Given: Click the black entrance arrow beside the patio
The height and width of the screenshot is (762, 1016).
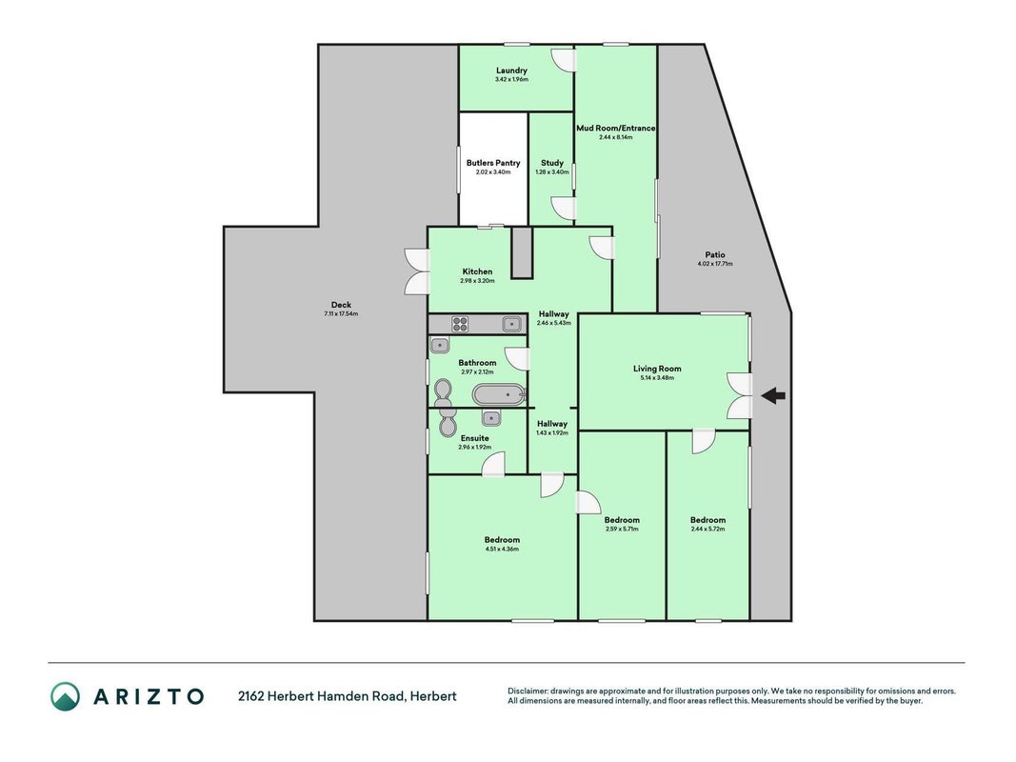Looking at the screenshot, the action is pyautogui.click(x=773, y=395).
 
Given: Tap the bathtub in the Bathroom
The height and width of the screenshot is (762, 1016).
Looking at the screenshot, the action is pyautogui.click(x=498, y=394).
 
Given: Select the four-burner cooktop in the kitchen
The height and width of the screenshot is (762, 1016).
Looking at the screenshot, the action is pyautogui.click(x=460, y=324).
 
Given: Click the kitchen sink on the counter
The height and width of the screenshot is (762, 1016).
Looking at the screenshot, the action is pyautogui.click(x=512, y=323).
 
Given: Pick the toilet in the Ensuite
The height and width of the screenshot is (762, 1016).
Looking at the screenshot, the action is pyautogui.click(x=447, y=423).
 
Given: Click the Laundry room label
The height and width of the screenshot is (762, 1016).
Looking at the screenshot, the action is pyautogui.click(x=512, y=70).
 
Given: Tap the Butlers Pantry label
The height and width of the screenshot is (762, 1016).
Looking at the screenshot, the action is pyautogui.click(x=493, y=163).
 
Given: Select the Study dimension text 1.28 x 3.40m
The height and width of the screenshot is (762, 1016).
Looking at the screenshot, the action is pyautogui.click(x=552, y=172).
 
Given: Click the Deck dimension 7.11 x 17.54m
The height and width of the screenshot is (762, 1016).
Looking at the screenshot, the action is pyautogui.click(x=342, y=314).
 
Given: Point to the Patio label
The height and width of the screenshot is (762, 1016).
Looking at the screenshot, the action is pyautogui.click(x=715, y=254).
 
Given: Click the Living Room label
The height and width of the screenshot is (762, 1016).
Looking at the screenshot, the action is pyautogui.click(x=657, y=369).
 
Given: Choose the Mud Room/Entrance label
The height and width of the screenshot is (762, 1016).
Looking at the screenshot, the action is pyautogui.click(x=615, y=129).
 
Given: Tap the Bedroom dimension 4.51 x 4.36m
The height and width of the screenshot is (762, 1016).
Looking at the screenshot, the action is pyautogui.click(x=502, y=549).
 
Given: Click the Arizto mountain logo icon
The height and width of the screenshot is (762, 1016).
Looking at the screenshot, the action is pyautogui.click(x=66, y=696).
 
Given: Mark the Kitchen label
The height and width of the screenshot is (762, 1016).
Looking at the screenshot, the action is pyautogui.click(x=477, y=271).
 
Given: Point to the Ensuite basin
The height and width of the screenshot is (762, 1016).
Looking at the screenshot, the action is pyautogui.click(x=491, y=418).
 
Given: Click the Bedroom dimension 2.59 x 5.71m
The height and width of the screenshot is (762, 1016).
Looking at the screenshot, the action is pyautogui.click(x=622, y=529).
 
